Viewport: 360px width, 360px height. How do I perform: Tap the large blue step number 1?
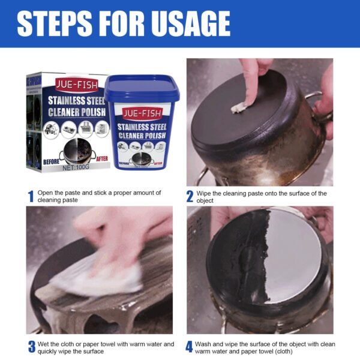30,196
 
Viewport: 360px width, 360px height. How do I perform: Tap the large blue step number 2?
190,196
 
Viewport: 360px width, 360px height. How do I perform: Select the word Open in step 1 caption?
46,193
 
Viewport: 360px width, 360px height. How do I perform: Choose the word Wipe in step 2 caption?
206,193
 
